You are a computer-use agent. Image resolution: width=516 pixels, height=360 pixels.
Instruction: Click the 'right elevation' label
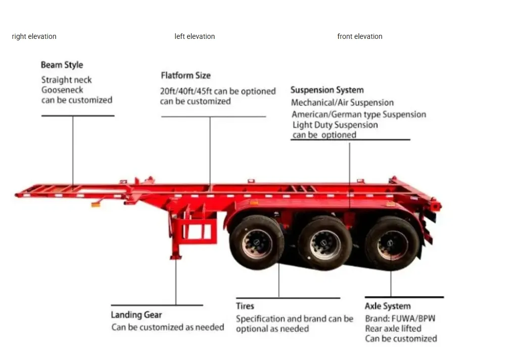34,36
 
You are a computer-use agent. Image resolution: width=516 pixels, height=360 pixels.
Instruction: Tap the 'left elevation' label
195,36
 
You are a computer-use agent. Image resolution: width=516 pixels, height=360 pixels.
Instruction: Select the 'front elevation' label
360,36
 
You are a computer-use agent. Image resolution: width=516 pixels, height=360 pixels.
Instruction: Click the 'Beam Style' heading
62,65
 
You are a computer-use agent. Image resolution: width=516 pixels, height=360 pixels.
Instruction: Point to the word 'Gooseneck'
62,90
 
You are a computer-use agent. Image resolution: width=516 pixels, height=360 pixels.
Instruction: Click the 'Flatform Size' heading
185,75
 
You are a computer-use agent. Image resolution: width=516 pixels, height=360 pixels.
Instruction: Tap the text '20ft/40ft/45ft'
186,91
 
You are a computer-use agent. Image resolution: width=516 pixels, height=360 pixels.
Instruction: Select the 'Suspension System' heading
327,90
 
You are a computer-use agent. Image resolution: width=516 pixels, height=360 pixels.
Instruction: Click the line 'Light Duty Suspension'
335,125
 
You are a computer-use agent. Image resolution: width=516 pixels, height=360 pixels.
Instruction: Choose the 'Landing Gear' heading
136,315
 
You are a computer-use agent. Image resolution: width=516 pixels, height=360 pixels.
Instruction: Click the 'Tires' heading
245,306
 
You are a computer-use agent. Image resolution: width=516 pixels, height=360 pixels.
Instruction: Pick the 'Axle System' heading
388,306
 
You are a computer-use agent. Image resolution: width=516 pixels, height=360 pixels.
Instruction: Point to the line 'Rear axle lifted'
393,328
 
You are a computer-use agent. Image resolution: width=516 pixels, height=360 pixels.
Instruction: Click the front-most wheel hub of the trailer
257,244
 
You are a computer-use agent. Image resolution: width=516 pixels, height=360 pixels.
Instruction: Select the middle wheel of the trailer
325,243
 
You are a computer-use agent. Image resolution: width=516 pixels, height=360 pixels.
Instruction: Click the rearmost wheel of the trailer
392,243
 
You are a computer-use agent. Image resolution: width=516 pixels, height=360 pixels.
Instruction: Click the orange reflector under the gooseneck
96,204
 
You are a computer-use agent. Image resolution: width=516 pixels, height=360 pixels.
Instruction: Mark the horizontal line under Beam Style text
78,116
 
